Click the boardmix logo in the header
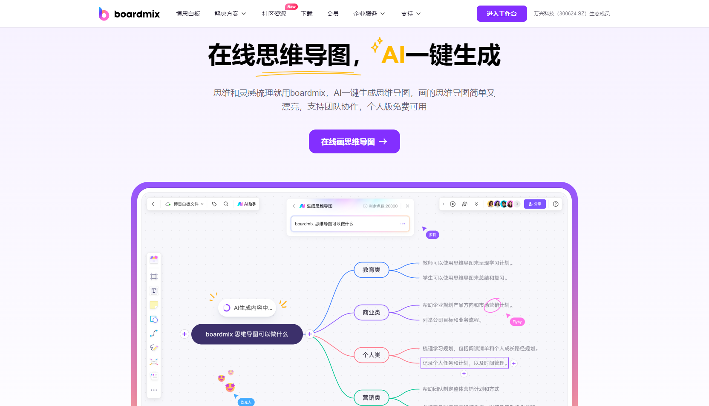[x=129, y=14]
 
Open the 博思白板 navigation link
[x=188, y=14]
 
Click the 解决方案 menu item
[x=230, y=14]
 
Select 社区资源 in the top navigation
[x=274, y=14]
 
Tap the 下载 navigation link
[x=307, y=14]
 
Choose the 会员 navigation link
[x=333, y=14]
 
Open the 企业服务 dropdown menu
[x=369, y=14]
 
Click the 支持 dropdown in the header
[x=411, y=14]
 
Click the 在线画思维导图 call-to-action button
[x=354, y=141]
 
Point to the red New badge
[x=291, y=6]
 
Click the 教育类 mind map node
[x=372, y=270]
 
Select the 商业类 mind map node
[x=372, y=312]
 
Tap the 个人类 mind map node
[x=372, y=355]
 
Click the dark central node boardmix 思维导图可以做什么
[x=247, y=334]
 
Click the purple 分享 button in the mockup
[x=535, y=204]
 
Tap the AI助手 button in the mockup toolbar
[x=247, y=204]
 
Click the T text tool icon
[x=154, y=291]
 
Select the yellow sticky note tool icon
[x=154, y=305]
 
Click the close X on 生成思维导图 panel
[x=407, y=206]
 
